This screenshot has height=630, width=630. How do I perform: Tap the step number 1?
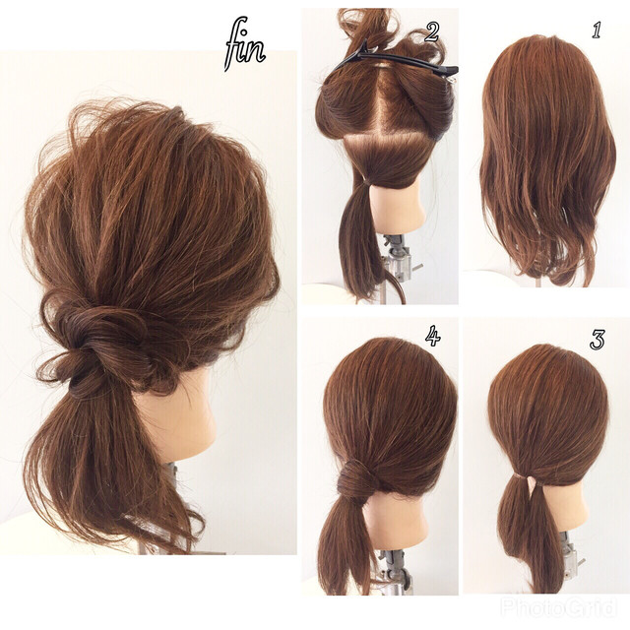pyautogui.click(x=597, y=31)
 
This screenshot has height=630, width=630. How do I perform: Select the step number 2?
pyautogui.click(x=431, y=32)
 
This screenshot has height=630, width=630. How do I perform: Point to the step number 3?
pyautogui.click(x=598, y=340)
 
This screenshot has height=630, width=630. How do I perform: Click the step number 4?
pyautogui.click(x=433, y=336)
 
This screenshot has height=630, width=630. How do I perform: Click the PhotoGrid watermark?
pyautogui.click(x=558, y=606)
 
